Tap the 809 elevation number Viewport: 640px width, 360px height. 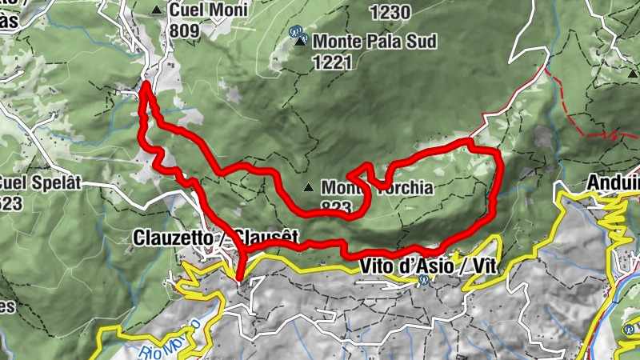[x=184, y=28]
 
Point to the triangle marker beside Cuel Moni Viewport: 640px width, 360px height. [x=156, y=10]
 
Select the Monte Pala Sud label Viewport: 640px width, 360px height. [x=374, y=40]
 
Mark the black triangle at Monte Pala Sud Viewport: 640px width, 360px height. [x=300, y=42]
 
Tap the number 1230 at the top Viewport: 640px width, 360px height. [x=390, y=11]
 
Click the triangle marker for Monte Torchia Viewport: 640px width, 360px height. [x=309, y=189]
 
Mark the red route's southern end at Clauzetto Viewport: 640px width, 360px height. [x=240, y=278]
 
